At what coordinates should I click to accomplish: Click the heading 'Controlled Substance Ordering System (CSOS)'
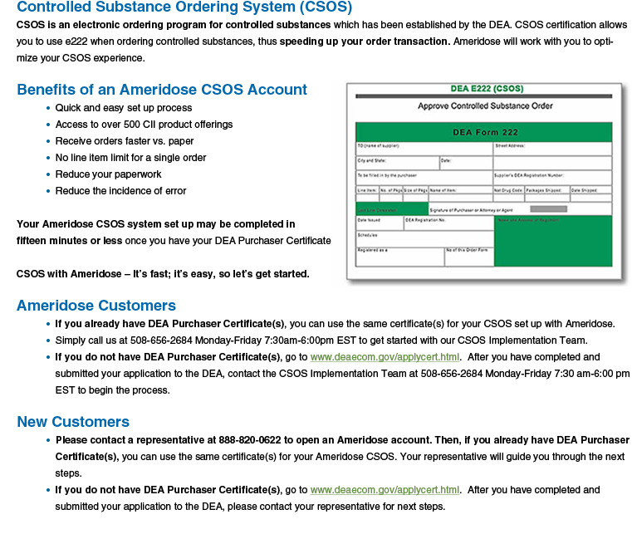click(x=184, y=7)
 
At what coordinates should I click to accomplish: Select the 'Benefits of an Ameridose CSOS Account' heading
click(x=162, y=90)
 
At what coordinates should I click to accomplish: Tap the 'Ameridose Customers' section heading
click(x=96, y=306)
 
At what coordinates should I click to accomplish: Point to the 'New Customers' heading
click(x=73, y=422)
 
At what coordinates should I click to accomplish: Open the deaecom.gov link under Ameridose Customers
click(x=385, y=357)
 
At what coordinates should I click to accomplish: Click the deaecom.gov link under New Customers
click(x=385, y=490)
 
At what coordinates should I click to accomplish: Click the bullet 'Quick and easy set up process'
click(x=123, y=108)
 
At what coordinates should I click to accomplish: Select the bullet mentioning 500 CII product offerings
click(x=144, y=125)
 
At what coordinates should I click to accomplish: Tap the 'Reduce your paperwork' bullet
click(x=108, y=174)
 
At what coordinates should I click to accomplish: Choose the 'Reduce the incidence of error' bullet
click(x=120, y=191)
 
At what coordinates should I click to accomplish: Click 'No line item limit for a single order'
click(x=130, y=158)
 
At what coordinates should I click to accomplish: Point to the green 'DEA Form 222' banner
click(x=485, y=132)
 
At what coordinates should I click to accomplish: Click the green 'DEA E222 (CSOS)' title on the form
click(x=485, y=89)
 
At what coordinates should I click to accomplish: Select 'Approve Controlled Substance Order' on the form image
click(x=485, y=106)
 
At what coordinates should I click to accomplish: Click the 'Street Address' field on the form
click(x=552, y=148)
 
